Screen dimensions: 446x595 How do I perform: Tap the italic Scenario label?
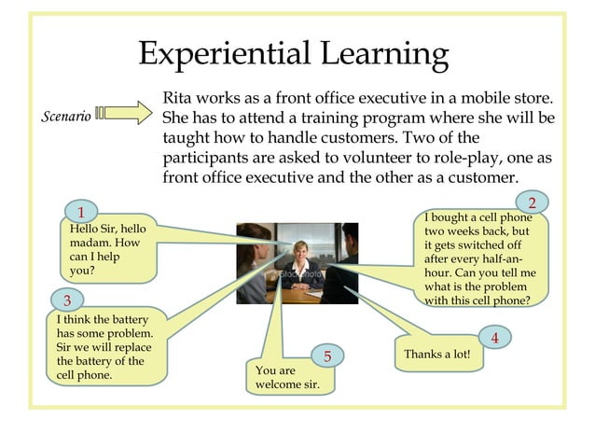tap(67, 117)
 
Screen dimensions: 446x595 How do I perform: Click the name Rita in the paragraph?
tap(180, 98)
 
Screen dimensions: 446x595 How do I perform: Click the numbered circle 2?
tap(532, 202)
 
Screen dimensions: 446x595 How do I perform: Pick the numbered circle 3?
tap(67, 300)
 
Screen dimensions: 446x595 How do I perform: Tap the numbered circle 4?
tap(494, 338)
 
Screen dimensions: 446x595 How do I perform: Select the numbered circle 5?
tap(328, 356)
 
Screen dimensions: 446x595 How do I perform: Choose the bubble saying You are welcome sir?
tap(287, 377)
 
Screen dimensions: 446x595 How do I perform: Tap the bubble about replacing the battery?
tap(104, 347)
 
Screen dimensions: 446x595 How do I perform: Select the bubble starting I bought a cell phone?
tap(479, 259)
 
